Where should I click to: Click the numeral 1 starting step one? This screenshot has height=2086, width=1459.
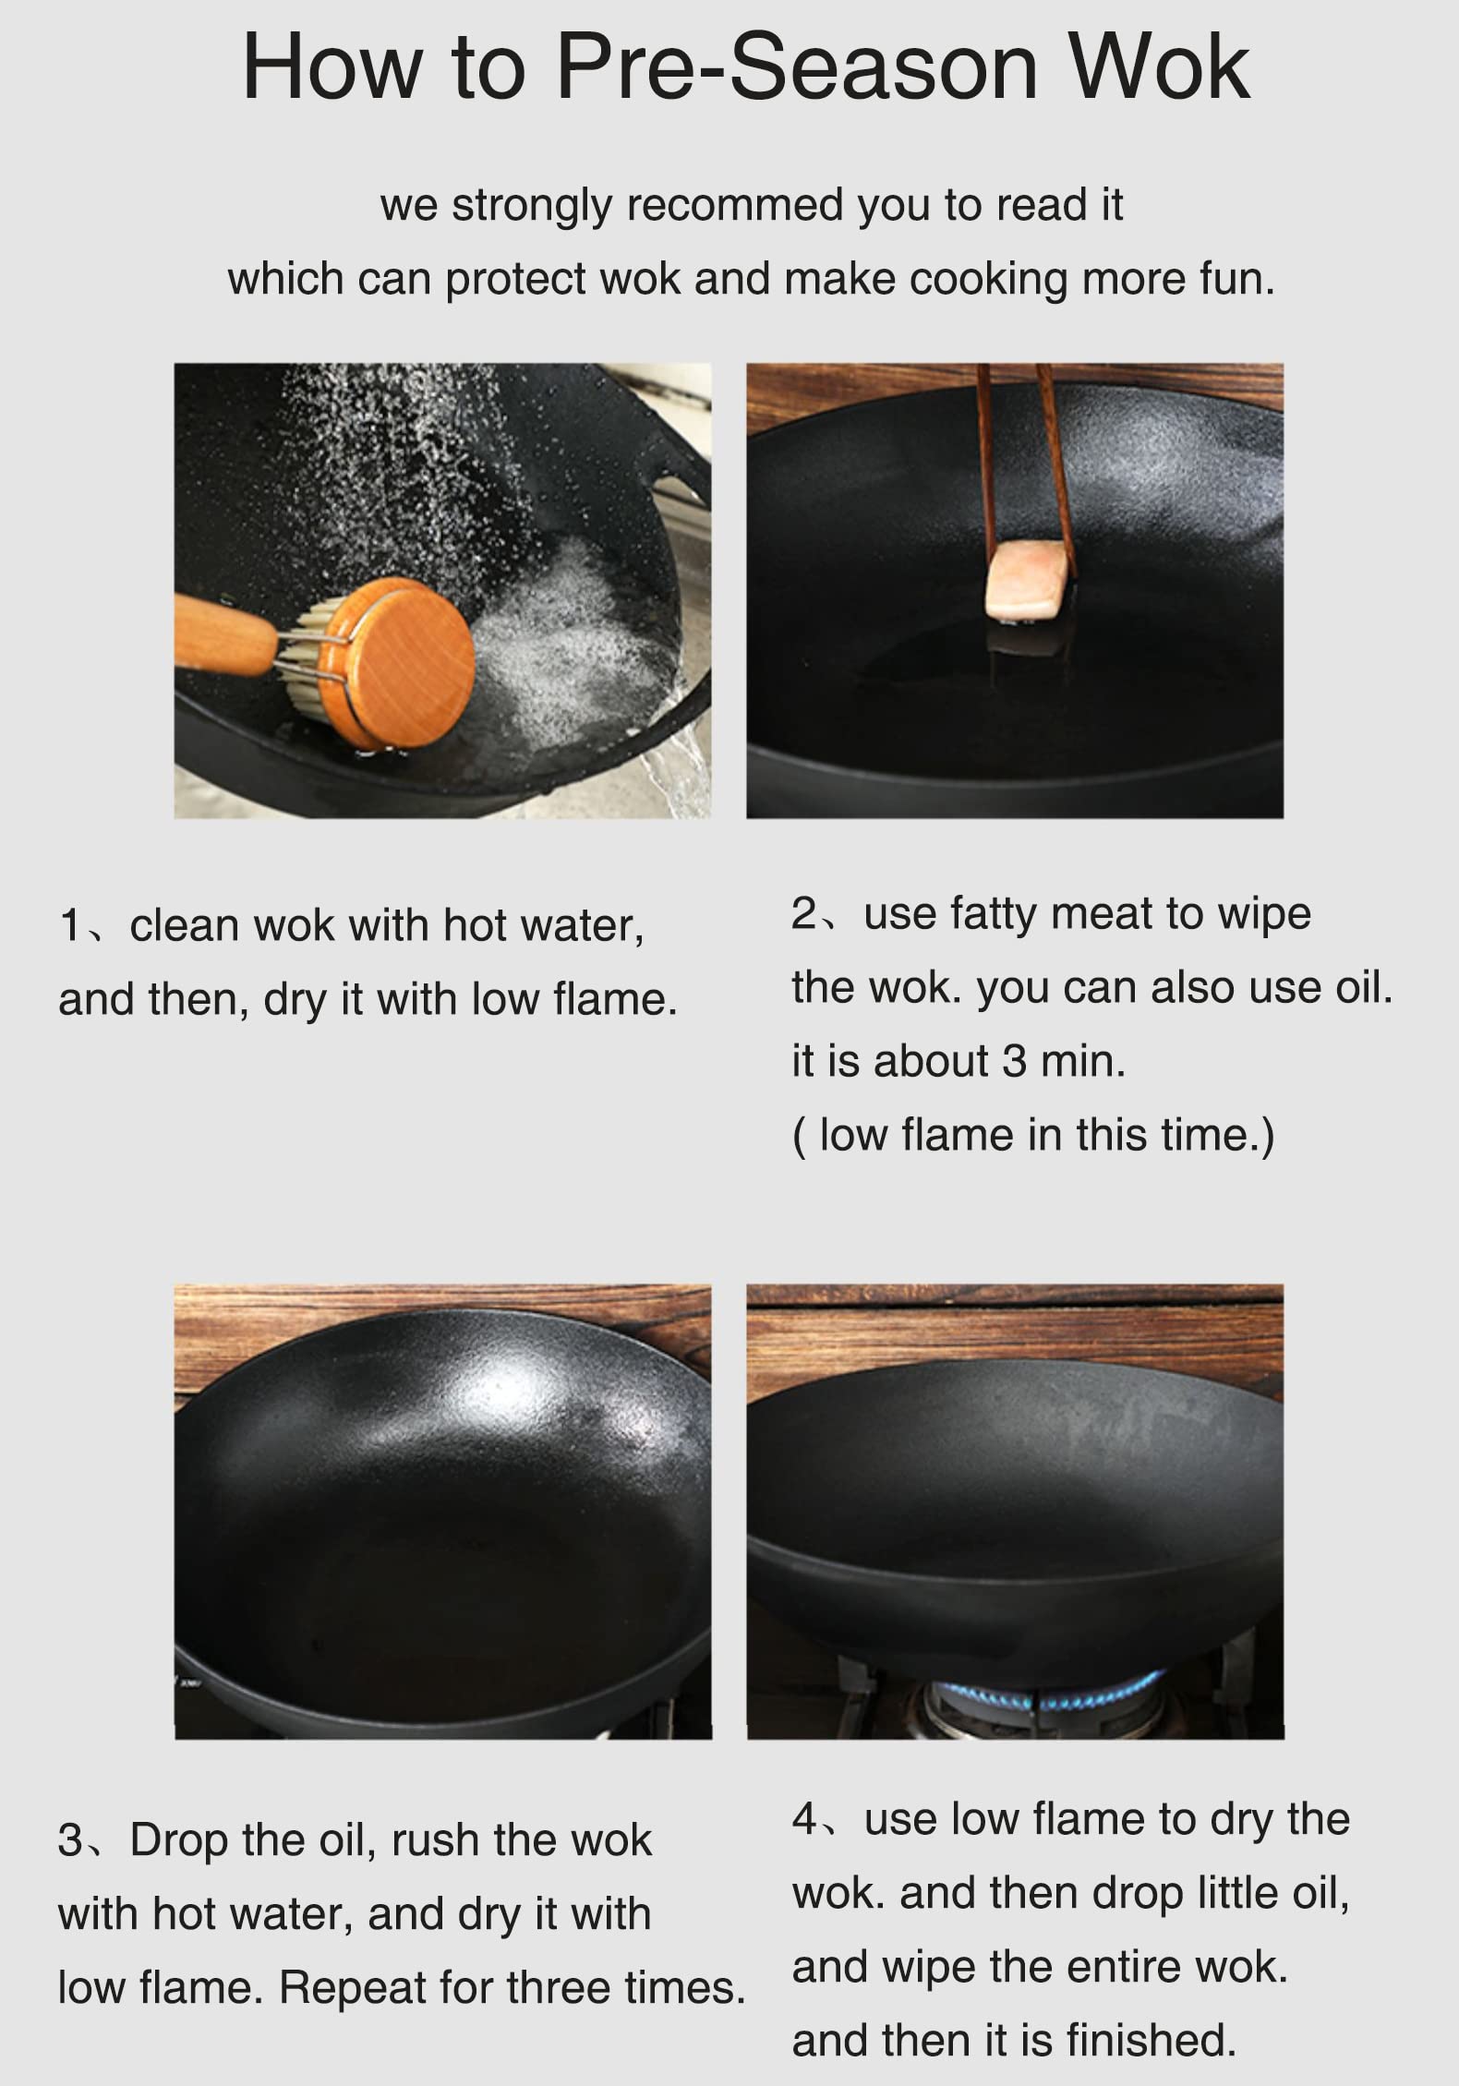[71, 926]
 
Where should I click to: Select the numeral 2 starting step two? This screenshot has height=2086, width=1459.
[804, 914]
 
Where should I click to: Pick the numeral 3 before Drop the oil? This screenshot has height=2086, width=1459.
[70, 1840]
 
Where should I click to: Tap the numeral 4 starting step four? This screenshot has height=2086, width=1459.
[804, 1820]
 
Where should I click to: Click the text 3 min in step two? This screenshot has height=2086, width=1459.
[1062, 1061]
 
